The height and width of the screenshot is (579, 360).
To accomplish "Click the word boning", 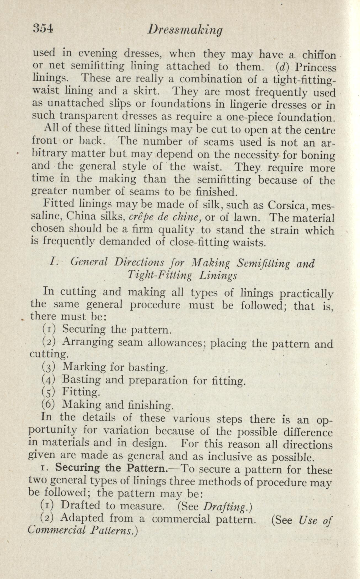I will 318,155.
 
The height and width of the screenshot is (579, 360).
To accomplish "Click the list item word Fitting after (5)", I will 80,392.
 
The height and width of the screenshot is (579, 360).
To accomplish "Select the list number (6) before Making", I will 49,405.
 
